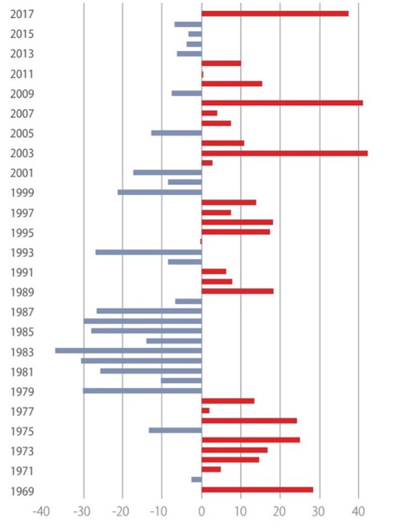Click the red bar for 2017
[x=275, y=13]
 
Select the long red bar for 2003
[x=284, y=153]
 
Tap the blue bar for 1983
[x=128, y=350]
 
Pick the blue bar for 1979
[x=142, y=390]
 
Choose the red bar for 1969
[x=257, y=489]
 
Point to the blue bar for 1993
[x=148, y=252]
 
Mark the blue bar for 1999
[x=159, y=192]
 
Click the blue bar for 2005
[x=176, y=133]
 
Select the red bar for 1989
[x=237, y=291]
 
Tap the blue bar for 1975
[x=175, y=430]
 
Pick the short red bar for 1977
[x=205, y=410]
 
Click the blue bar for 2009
[x=186, y=93]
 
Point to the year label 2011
[x=22, y=74]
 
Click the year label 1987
[x=22, y=312]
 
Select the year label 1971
[x=22, y=471]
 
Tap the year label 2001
[x=22, y=173]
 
